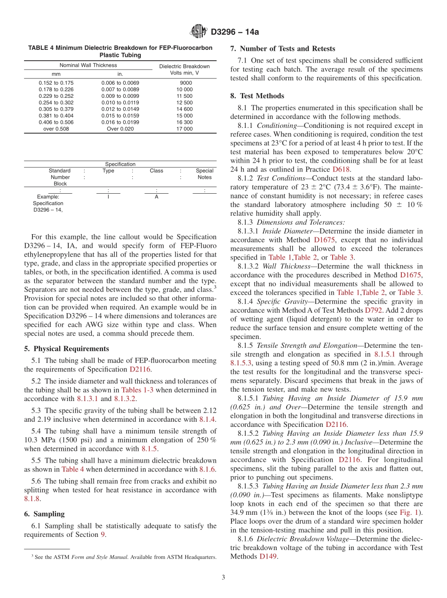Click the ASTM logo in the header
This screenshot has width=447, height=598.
[198, 31]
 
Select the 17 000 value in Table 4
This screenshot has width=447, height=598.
[184, 129]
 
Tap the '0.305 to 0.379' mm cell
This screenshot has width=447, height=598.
[56, 109]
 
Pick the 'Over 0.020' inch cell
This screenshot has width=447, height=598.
[120, 129]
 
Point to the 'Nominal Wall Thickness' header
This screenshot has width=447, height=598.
[88, 65]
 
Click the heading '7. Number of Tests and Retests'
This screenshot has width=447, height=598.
[282, 48]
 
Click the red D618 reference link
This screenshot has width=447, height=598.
[341, 169]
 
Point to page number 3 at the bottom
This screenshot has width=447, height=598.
[223, 577]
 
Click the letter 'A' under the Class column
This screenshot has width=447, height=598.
[156, 197]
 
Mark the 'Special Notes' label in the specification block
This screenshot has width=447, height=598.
[204, 174]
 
